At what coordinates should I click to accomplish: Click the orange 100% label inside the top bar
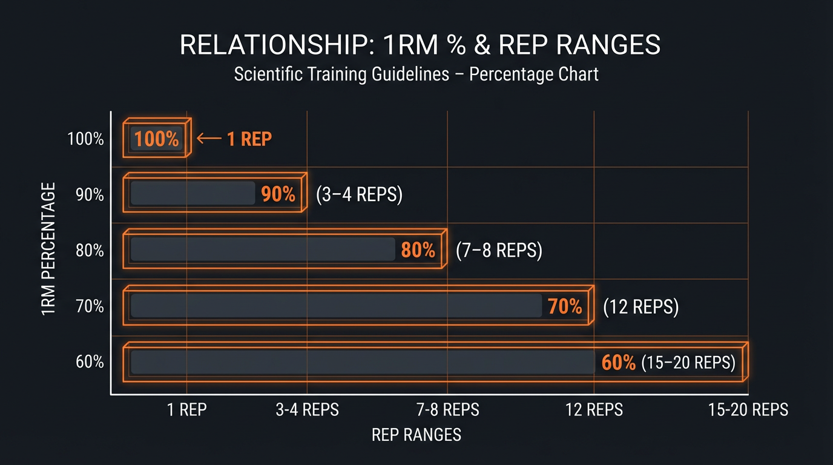tap(157, 139)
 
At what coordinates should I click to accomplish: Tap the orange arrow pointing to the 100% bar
tap(209, 139)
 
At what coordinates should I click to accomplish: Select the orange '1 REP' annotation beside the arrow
tap(249, 139)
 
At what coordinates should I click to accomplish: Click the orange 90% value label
tap(278, 194)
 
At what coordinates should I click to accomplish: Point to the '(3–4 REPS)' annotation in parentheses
tap(360, 194)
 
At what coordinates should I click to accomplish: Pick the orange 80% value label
tap(418, 250)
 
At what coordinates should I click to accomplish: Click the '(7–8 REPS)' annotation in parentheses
tap(499, 250)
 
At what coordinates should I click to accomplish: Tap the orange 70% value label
tap(565, 306)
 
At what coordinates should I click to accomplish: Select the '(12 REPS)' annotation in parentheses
tap(641, 306)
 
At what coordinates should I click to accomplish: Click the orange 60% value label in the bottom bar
tap(619, 363)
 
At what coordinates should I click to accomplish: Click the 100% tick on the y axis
tap(86, 139)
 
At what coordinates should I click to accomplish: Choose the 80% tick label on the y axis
tap(90, 250)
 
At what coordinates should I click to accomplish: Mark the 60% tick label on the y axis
tap(90, 362)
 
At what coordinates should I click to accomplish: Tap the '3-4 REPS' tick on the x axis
tap(308, 410)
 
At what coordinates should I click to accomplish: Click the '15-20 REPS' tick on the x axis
tap(748, 410)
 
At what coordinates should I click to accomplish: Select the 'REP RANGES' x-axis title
tap(416, 434)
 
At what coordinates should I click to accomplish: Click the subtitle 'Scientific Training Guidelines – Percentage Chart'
tap(416, 74)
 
